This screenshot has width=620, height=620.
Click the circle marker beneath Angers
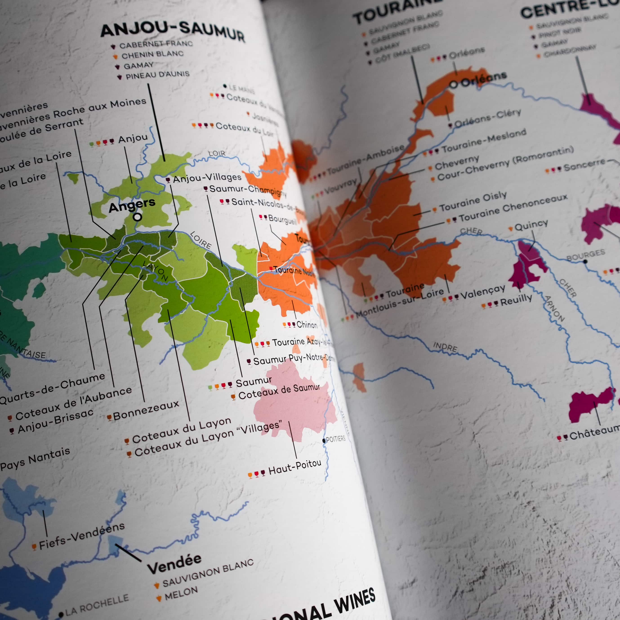click(x=137, y=217)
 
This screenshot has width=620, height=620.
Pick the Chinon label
click(x=306, y=325)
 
